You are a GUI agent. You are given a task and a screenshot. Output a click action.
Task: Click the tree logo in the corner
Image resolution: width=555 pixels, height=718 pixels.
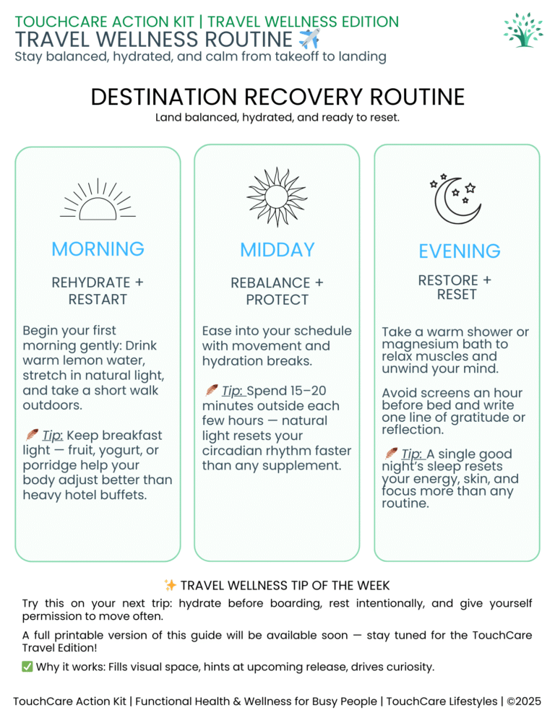[525, 30]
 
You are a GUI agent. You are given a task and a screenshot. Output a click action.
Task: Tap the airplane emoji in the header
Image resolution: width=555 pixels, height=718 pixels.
[309, 39]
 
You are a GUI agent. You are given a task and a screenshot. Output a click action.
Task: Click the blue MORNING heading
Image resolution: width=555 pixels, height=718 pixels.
[98, 249]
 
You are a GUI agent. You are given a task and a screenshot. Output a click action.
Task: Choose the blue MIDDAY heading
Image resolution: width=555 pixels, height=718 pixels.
[277, 250]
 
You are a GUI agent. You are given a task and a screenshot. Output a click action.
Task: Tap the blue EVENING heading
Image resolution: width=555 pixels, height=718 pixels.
[459, 251]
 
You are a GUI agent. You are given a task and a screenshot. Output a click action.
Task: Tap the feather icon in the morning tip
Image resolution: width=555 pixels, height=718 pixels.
[32, 435]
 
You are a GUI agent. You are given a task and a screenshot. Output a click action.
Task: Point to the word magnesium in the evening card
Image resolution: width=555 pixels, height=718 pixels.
[418, 345]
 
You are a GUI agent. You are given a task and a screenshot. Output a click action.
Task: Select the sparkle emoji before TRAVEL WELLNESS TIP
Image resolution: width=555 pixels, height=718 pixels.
[170, 585]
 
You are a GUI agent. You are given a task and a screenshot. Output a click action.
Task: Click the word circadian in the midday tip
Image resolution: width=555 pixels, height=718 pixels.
[237, 451]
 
